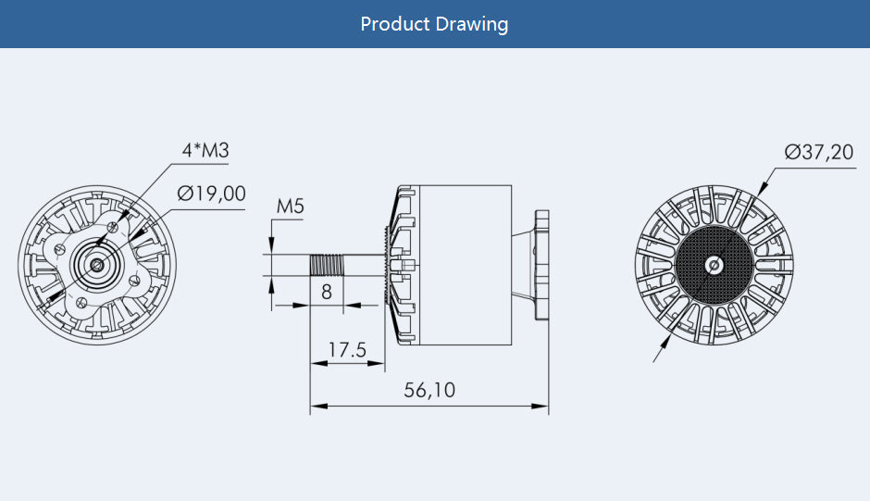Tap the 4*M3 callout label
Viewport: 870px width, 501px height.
(205, 150)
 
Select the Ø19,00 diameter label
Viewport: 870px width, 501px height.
(212, 194)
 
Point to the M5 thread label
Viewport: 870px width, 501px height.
(291, 207)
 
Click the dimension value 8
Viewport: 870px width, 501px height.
(326, 292)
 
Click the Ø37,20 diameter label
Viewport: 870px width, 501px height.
(819, 152)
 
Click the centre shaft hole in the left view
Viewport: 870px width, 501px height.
(97, 265)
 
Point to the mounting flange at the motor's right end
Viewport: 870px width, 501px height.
(541, 265)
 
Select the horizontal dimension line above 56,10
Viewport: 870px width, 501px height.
(429, 405)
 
